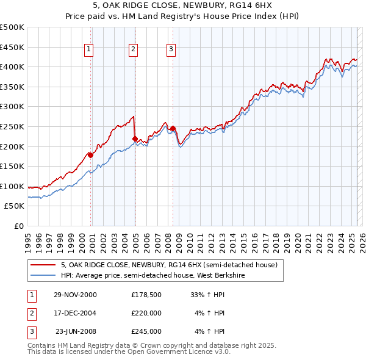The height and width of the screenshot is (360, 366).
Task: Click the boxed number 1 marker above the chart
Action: [89, 49]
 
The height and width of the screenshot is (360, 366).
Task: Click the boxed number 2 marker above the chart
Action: [133, 49]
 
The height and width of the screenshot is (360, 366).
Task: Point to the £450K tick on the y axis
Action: [12, 47]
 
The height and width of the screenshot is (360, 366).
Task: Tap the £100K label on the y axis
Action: [12, 186]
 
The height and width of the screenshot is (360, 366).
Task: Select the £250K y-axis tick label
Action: [12, 126]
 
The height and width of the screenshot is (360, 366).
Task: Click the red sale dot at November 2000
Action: [91, 155]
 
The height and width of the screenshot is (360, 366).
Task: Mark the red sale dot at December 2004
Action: [135, 139]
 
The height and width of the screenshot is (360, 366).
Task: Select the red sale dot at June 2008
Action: [173, 129]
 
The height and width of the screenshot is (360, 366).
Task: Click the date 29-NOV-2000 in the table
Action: [75, 295]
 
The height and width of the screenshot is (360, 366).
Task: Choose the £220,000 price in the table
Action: [146, 313]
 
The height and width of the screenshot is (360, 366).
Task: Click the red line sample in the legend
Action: [43, 265]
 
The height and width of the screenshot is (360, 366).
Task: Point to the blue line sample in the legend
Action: [43, 275]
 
